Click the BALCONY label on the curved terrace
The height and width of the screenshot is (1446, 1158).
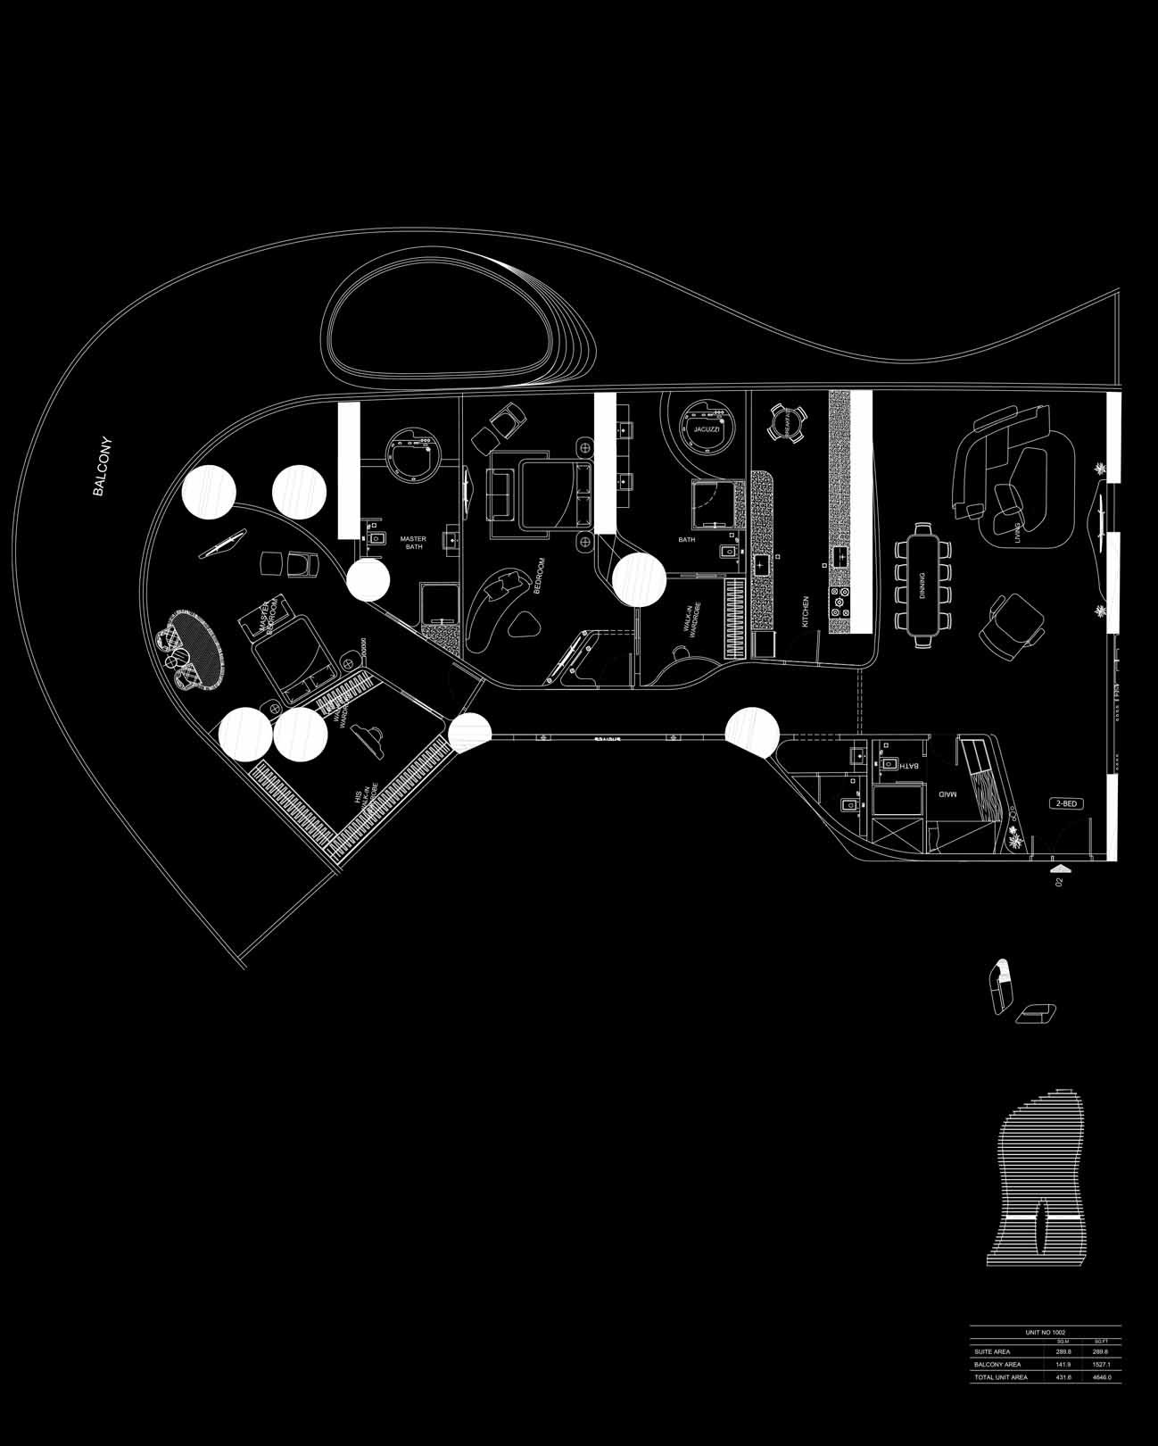pyautogui.click(x=102, y=465)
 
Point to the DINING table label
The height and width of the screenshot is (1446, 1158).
pyautogui.click(x=922, y=586)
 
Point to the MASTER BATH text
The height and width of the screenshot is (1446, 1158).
pyautogui.click(x=413, y=543)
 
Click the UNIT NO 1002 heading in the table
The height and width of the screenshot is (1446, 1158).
pyautogui.click(x=1046, y=1332)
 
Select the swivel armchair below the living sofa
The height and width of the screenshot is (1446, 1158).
pyautogui.click(x=1011, y=622)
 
